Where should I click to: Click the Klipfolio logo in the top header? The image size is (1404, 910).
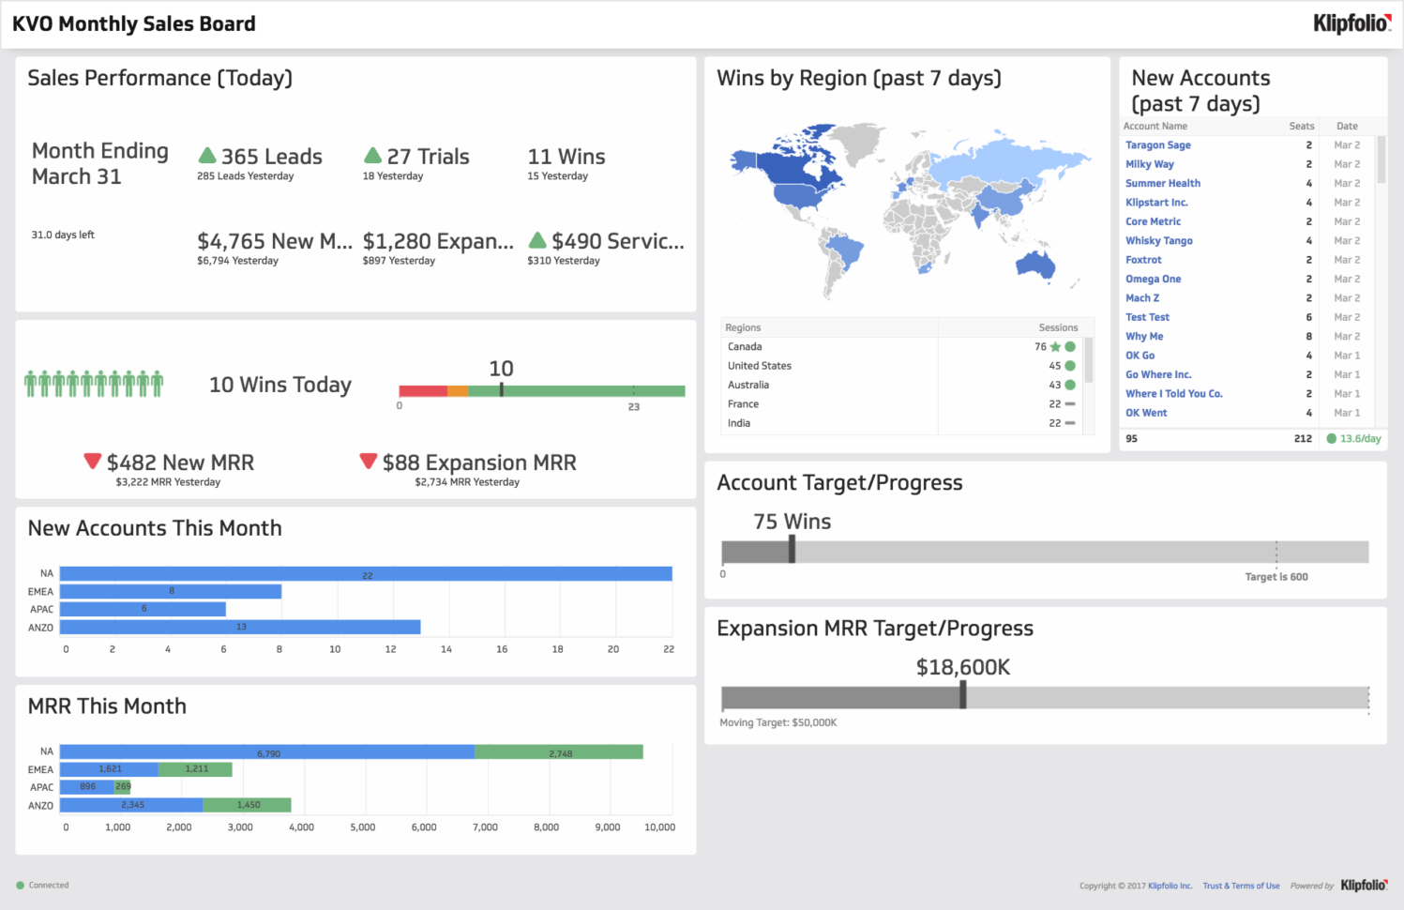tap(1351, 23)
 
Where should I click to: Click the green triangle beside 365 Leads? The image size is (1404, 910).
tap(207, 156)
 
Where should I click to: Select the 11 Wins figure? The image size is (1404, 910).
tap(566, 157)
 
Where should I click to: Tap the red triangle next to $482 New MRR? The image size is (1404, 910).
tap(92, 461)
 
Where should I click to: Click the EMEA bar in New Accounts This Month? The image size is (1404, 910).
tap(171, 591)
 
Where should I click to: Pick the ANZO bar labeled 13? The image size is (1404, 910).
tap(240, 627)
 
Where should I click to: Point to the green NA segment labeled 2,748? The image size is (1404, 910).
tap(559, 752)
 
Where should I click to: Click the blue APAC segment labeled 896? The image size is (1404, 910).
tap(87, 787)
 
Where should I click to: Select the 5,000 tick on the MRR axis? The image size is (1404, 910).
tap(362, 827)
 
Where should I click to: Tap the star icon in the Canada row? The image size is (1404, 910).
tap(1055, 347)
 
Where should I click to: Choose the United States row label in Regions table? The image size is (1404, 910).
tap(760, 366)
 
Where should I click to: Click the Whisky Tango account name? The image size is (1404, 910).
tap(1159, 241)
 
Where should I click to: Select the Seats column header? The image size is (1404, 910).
tap(1301, 126)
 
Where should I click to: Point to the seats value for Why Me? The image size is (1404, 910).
tap(1309, 336)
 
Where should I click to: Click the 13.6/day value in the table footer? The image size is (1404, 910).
tap(1360, 438)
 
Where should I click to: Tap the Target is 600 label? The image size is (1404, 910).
tap(1276, 577)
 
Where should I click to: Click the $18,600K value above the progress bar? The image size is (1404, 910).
tap(963, 667)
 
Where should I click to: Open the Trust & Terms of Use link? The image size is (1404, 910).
tap(1241, 886)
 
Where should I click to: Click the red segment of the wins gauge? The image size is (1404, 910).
tap(423, 390)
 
